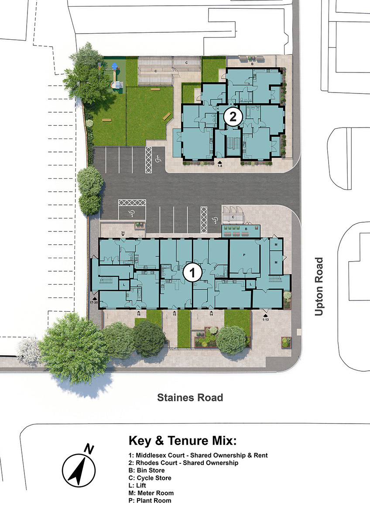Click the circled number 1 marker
(x=192, y=272)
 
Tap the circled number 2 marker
(x=233, y=117)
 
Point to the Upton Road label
(x=319, y=286)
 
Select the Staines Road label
(x=190, y=397)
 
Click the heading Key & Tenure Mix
(x=182, y=441)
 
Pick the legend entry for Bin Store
(x=146, y=470)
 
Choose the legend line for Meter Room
(x=151, y=493)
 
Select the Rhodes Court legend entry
(x=183, y=463)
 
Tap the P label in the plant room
(x=244, y=255)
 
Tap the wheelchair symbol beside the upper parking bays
(x=158, y=159)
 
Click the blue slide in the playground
(x=114, y=67)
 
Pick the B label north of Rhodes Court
(x=252, y=64)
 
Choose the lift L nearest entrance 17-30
(x=124, y=285)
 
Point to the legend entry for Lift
(x=137, y=486)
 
